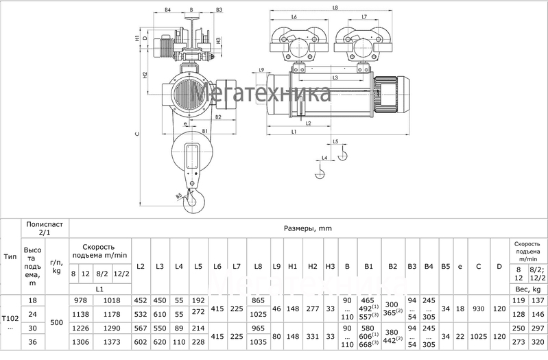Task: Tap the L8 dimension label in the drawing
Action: [x=334, y=8]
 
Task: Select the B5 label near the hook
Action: [x=178, y=196]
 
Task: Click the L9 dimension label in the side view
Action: [x=261, y=71]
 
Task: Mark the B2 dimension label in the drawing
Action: [x=217, y=117]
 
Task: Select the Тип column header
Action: [x=10, y=256]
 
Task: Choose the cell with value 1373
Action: [x=110, y=342]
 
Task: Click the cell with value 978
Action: [x=81, y=300]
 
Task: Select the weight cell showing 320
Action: [x=538, y=342]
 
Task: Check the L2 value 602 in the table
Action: [x=141, y=342]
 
